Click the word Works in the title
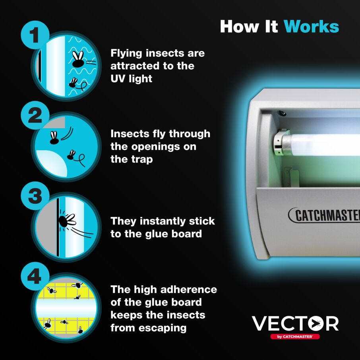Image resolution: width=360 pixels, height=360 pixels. (311, 26)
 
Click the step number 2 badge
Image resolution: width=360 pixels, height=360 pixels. (35, 116)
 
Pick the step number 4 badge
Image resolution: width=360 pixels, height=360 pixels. (35, 276)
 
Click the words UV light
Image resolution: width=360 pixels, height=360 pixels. (131, 79)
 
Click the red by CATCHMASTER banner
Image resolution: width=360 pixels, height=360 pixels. (295, 337)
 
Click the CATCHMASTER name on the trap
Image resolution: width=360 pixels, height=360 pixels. (324, 215)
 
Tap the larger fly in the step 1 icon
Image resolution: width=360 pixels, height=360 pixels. (78, 60)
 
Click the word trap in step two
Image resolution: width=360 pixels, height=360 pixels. (142, 159)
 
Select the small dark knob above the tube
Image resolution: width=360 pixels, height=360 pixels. (283, 113)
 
